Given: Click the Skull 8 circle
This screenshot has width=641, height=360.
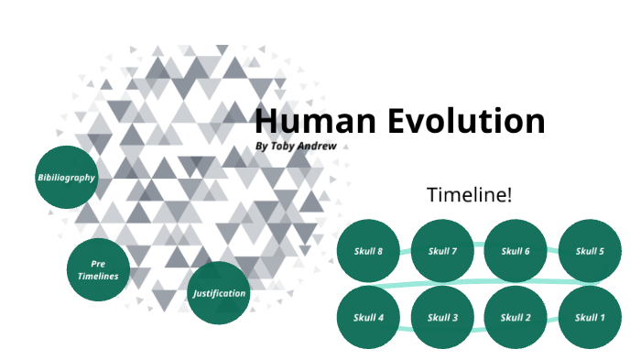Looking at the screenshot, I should pos(368,251).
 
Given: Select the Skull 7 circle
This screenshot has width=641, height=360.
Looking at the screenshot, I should pos(442,251).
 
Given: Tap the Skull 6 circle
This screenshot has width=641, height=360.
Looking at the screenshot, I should pos(516,251).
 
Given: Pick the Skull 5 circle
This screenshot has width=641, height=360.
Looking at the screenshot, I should pos(590,251).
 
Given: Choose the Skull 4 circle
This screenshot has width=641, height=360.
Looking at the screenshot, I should pos(368,318).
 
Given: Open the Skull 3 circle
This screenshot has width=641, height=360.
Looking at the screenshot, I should pos(442,318).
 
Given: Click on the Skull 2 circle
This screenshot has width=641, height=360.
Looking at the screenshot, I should pos(516,318).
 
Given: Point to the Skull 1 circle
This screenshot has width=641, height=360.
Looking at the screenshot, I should pos(590,318).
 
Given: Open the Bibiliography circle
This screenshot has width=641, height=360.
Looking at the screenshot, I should pos(66,177).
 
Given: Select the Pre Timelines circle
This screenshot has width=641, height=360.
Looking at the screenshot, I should pos(98,269).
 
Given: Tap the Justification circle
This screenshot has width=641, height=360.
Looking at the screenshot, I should pos(219,293).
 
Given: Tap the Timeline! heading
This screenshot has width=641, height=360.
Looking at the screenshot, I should pos(470,194).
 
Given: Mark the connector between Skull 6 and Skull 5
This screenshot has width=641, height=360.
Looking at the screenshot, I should pos(553,249).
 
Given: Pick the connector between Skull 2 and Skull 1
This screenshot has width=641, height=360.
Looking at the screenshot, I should pos(553,322).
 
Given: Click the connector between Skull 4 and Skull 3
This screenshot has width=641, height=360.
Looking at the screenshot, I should pos(405,316).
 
